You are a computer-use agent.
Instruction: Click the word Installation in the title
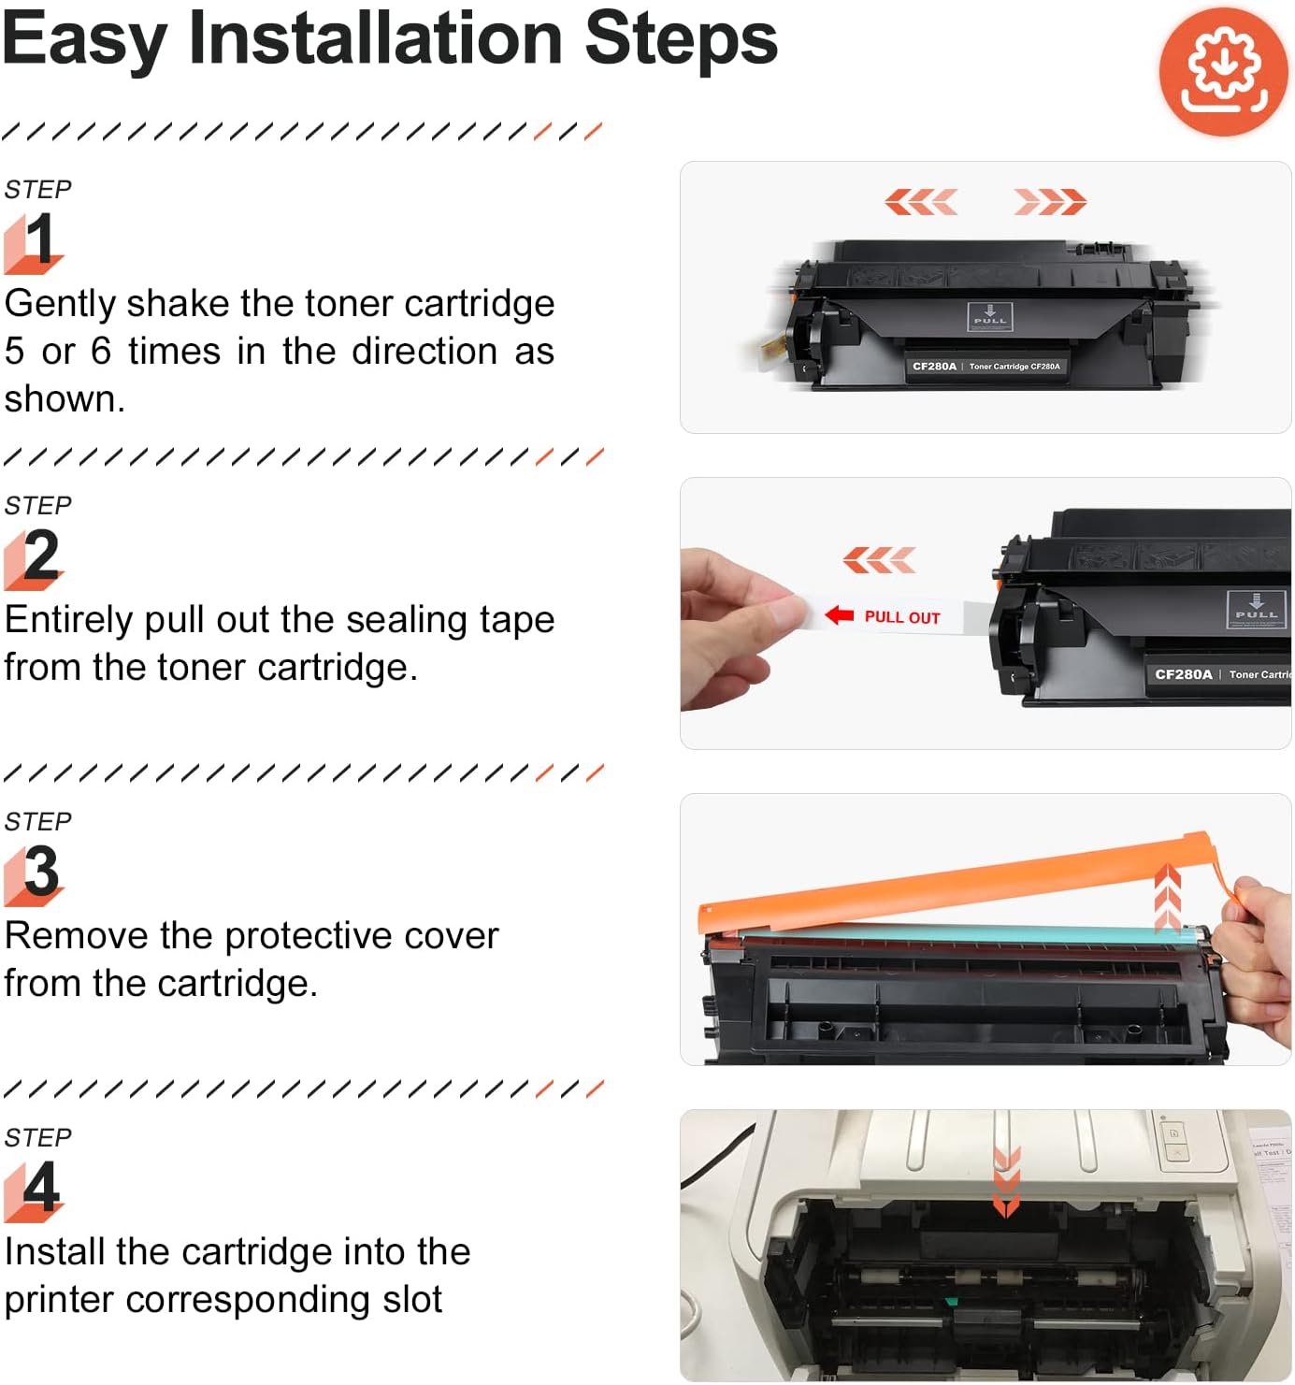[375, 39]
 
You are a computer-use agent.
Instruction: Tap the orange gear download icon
[1223, 72]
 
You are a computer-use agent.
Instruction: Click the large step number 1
[39, 239]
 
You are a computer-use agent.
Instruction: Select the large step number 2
[41, 555]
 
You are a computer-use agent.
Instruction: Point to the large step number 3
[41, 872]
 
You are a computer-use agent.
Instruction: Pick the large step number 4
[41, 1188]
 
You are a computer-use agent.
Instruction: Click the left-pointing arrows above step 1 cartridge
[921, 201]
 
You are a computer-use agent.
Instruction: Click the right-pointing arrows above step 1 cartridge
[1049, 201]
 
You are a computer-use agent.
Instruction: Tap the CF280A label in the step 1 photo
[934, 367]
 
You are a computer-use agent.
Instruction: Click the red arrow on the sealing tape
[840, 615]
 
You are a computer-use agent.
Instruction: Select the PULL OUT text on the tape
[901, 617]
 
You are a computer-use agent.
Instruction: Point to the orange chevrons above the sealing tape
[879, 560]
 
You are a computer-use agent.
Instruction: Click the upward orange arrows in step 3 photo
[1167, 898]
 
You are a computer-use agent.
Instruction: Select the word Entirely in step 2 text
[68, 621]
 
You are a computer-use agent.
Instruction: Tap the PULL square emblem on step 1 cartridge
[989, 316]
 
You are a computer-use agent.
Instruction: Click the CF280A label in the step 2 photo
[1183, 674]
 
